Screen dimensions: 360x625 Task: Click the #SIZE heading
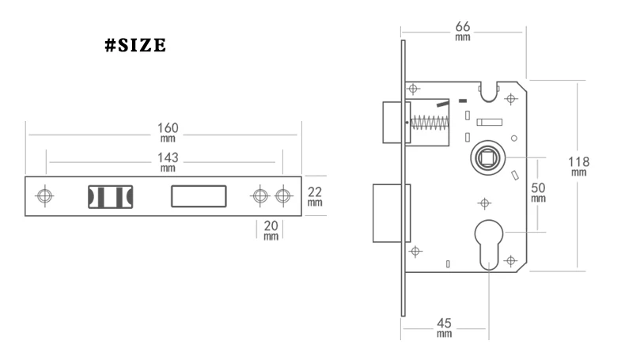click(x=135, y=47)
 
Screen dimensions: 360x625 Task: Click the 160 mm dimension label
click(x=168, y=131)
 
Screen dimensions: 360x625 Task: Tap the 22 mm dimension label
click(x=315, y=195)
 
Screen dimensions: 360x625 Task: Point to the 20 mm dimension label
click(x=271, y=230)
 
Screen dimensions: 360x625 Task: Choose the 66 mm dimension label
click(x=464, y=29)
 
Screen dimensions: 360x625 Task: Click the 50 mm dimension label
click(x=538, y=192)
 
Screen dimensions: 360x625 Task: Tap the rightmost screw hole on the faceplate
click(x=282, y=195)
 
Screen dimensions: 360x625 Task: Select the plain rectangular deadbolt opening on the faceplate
click(x=199, y=195)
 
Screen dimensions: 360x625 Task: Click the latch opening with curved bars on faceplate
click(x=110, y=195)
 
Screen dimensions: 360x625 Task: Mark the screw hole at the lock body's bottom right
click(x=511, y=260)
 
